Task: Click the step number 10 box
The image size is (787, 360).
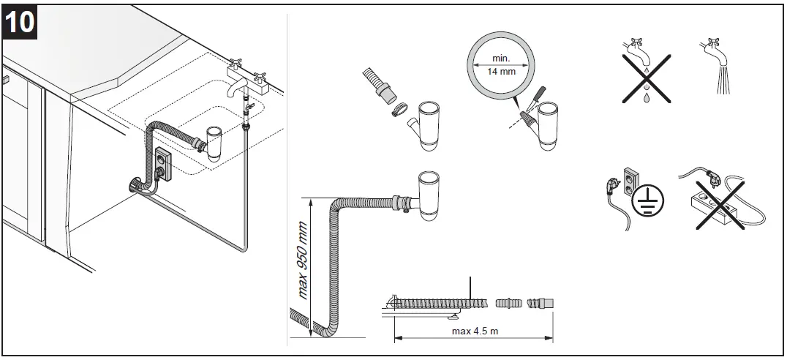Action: [x=20, y=22]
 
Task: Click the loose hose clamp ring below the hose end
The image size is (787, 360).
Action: [x=397, y=110]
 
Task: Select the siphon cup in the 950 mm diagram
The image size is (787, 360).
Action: [x=429, y=193]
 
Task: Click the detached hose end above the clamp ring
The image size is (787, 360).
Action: [x=380, y=86]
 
